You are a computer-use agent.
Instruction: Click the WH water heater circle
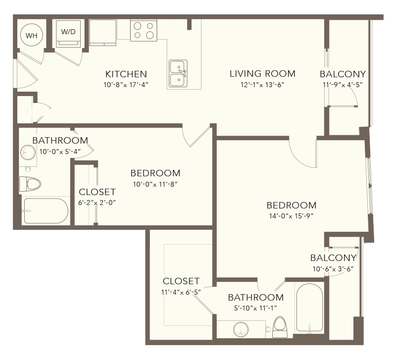31,35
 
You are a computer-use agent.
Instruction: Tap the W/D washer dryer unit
68,34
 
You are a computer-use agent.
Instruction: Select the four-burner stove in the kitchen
144,31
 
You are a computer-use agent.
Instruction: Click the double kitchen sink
178,73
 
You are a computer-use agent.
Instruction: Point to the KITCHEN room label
126,74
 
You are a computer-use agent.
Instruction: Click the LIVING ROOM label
262,73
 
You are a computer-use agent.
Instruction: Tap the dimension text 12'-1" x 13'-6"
262,85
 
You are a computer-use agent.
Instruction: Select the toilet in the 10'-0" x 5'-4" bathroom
30,184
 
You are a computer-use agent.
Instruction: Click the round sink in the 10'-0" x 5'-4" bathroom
28,153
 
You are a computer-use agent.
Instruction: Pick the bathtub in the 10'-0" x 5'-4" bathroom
45,210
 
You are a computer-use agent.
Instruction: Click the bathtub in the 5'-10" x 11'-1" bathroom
309,308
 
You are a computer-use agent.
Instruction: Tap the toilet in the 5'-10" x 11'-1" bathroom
280,327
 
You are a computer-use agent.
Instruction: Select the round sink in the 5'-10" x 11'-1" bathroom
241,329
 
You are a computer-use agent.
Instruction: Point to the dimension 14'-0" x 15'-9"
291,216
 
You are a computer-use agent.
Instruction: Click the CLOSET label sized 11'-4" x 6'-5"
181,281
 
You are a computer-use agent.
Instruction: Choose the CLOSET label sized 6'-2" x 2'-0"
97,192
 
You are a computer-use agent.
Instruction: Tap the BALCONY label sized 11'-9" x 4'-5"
343,74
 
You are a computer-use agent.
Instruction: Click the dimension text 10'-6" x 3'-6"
333,269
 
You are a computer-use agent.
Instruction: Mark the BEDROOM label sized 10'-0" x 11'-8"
155,173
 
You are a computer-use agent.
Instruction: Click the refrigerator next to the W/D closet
103,33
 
